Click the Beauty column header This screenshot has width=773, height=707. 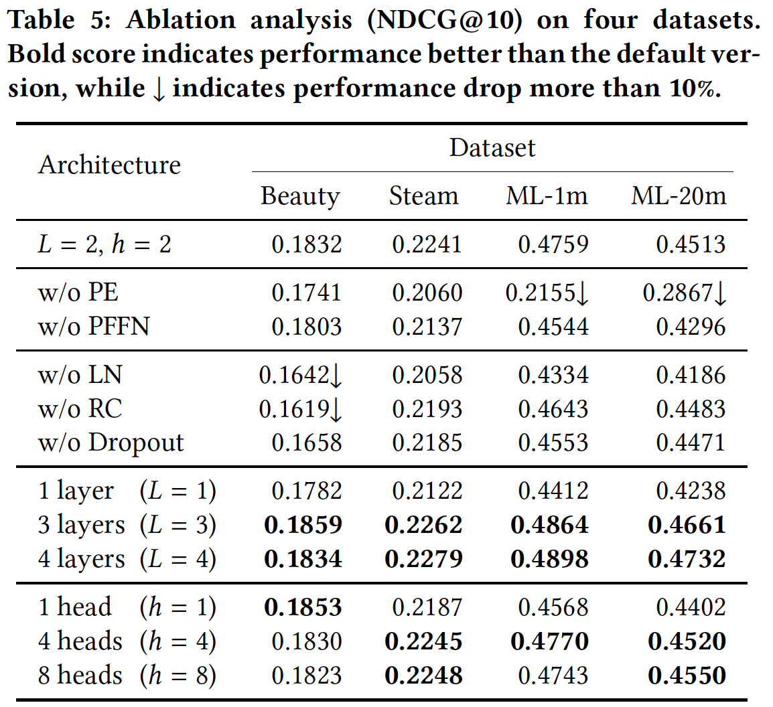300,196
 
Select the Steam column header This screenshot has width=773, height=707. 423,196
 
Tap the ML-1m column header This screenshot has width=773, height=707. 547,196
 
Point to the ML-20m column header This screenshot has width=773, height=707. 679,196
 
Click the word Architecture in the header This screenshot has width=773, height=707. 109,165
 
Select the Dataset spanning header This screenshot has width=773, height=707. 492,148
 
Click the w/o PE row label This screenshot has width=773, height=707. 78,293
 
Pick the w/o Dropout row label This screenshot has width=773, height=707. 111,443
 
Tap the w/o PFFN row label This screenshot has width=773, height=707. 94,327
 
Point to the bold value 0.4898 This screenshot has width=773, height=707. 549,558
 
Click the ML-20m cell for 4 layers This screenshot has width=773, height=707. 687,558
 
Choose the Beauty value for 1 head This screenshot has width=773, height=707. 303,607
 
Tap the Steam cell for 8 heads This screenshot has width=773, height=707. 423,676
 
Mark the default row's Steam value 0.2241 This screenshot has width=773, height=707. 427,244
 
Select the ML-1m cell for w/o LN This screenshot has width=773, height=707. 553,374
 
